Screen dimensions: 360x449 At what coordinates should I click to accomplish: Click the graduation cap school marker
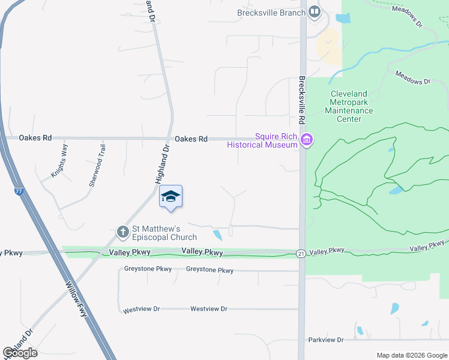pyautogui.click(x=170, y=197)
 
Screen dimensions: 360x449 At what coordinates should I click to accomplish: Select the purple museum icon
pyautogui.click(x=307, y=140)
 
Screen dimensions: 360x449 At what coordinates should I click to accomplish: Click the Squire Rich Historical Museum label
pyautogui.click(x=262, y=140)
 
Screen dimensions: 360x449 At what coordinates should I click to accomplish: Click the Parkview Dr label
pyautogui.click(x=326, y=340)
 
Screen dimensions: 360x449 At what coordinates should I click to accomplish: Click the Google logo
pyautogui.click(x=20, y=352)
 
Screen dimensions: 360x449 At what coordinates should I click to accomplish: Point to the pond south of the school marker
pyautogui.click(x=217, y=235)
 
